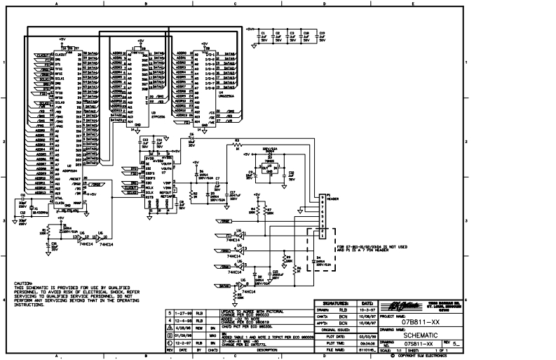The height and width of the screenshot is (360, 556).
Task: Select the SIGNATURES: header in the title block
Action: click(336, 302)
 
